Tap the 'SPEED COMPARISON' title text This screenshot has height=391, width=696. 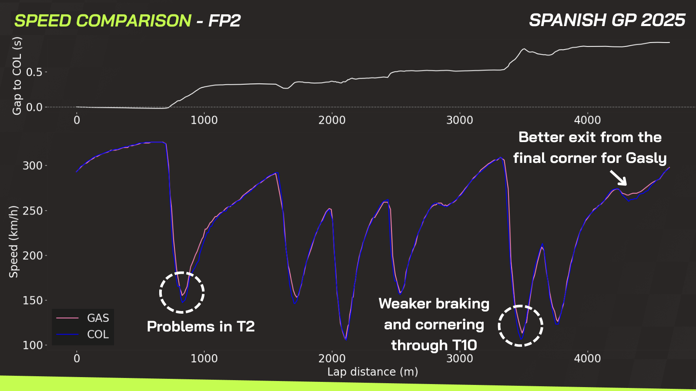[103, 21]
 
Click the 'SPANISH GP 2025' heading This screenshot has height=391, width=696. [607, 20]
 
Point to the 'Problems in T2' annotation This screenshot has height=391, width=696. [201, 327]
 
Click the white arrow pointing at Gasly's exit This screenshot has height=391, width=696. [618, 178]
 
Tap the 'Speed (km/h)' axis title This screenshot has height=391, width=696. [14, 242]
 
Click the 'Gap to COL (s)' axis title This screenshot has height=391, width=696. [17, 76]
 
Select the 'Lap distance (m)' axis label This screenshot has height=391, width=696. [372, 372]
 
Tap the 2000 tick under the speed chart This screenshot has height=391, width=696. [332, 358]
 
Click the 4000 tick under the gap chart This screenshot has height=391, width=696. [587, 120]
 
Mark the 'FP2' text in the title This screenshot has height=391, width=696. [224, 21]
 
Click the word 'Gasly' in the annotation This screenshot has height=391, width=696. [646, 158]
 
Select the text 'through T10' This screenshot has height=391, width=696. [434, 345]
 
